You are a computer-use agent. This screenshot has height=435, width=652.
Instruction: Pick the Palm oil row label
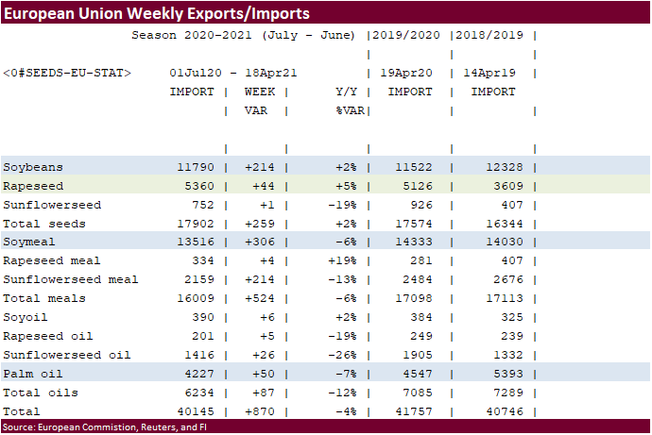pos(33,374)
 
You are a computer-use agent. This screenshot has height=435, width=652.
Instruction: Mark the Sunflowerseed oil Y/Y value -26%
pos(341,355)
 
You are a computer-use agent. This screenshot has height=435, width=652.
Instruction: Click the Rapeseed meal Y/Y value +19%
pos(341,260)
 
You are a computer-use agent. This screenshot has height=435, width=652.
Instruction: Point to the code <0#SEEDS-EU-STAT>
pos(67,73)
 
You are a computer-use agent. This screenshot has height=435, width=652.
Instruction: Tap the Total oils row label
pos(40,393)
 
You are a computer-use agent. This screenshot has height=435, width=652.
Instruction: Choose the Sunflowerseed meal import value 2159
pos(197,279)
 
